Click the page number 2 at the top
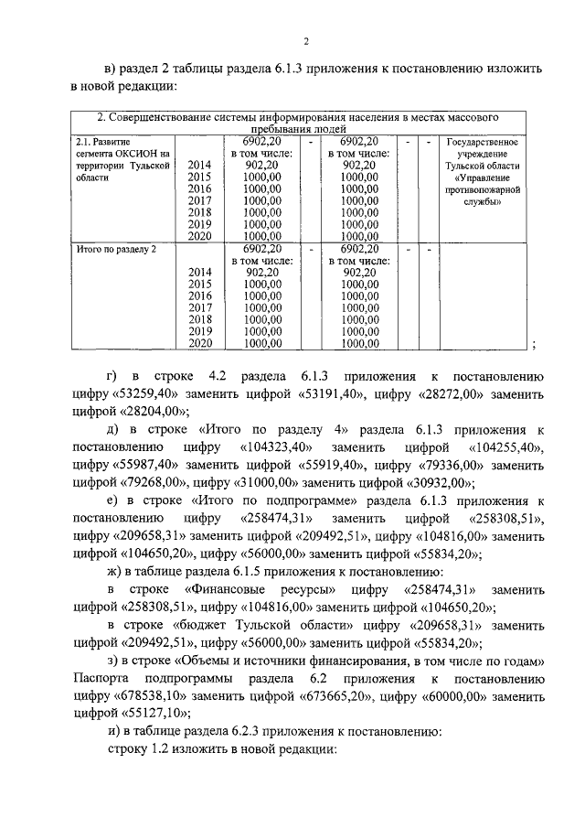pos(307,39)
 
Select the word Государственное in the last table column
pos(482,143)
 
